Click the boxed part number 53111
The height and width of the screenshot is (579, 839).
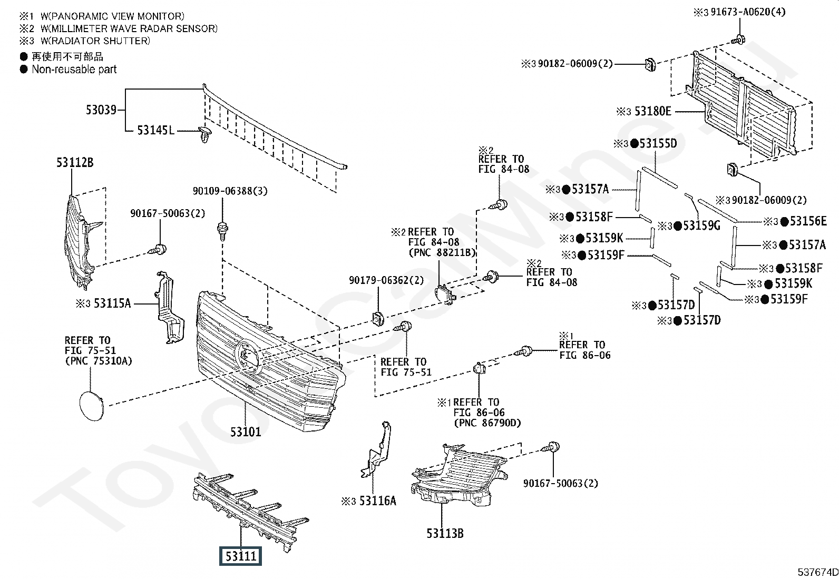tap(240, 556)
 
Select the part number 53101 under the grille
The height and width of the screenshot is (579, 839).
tap(246, 432)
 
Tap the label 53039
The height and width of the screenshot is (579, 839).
tap(101, 110)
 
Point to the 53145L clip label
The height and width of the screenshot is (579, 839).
tap(156, 130)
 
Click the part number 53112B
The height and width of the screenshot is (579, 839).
tap(75, 162)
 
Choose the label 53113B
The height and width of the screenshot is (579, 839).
tap(445, 533)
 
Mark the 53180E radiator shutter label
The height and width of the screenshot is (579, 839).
tap(653, 111)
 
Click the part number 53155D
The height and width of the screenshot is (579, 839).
tap(658, 143)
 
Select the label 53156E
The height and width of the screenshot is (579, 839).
tap(808, 221)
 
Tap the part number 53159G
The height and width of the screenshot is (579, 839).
tap(701, 225)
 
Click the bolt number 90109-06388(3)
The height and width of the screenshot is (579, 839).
tap(230, 191)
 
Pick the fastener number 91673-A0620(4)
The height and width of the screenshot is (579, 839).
tap(748, 12)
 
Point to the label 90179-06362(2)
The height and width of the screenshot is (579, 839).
tap(386, 280)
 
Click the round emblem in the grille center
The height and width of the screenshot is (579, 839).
tap(247, 357)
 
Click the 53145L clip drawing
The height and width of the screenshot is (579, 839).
tap(204, 134)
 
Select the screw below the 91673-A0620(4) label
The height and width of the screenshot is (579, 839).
tap(738, 40)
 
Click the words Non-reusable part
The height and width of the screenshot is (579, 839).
tap(74, 70)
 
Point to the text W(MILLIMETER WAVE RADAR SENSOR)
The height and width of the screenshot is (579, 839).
tap(129, 28)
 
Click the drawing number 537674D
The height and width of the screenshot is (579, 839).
tap(817, 572)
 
